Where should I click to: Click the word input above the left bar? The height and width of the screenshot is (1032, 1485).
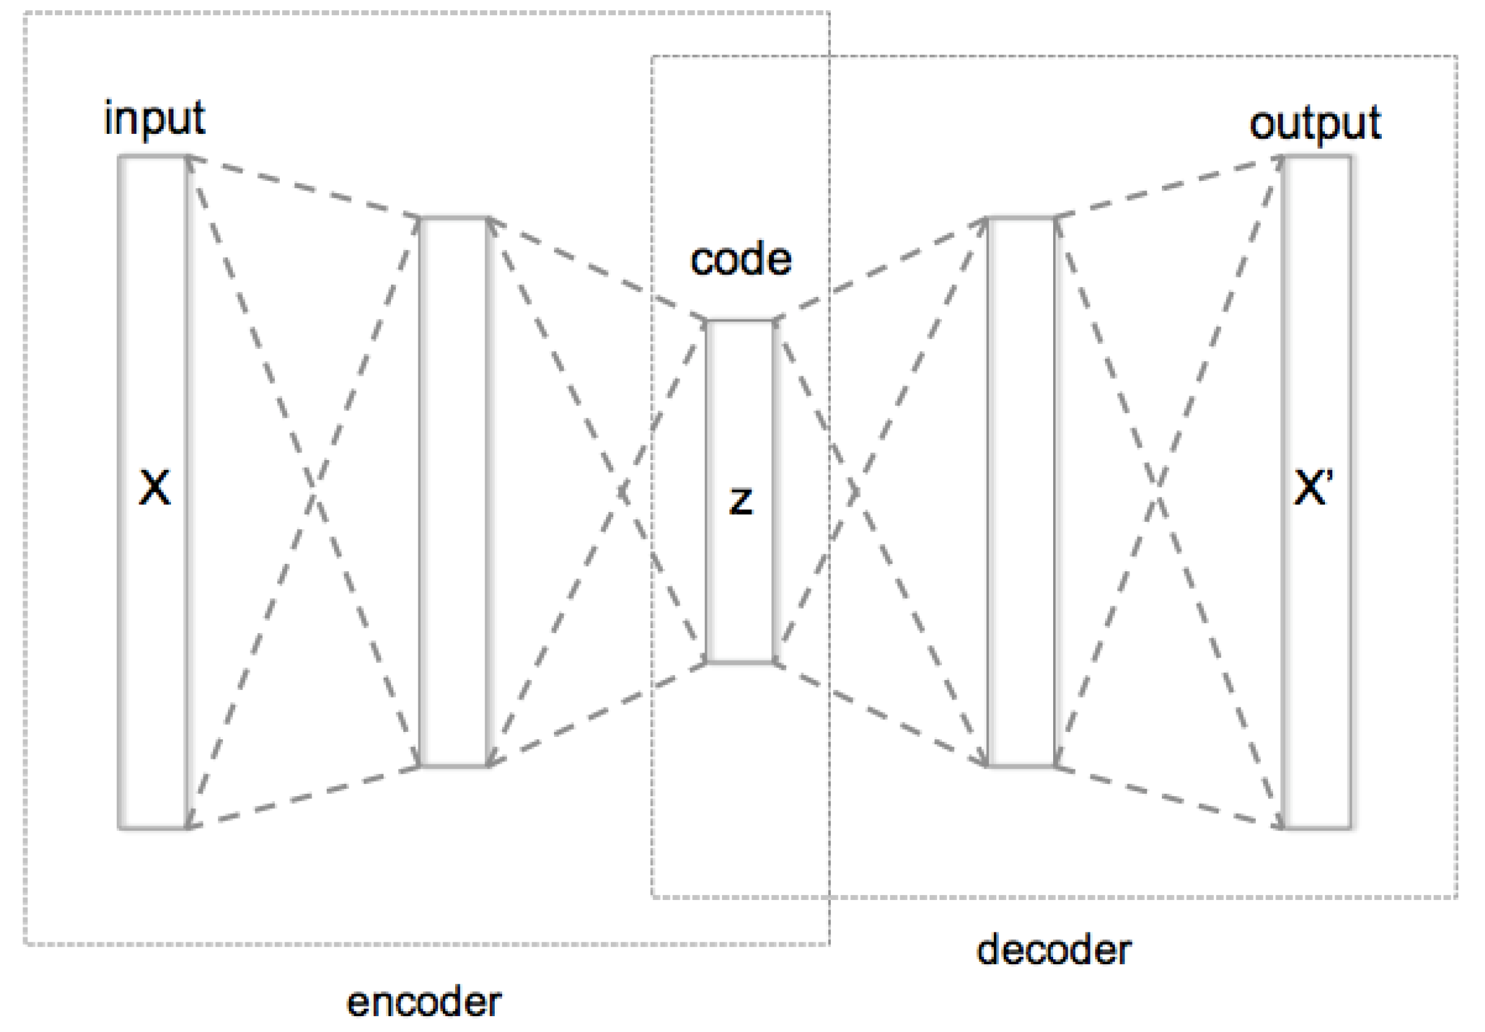pyautogui.click(x=154, y=119)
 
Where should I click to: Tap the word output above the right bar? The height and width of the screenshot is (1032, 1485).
pyautogui.click(x=1315, y=123)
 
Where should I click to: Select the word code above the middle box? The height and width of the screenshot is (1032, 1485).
pyautogui.click(x=741, y=260)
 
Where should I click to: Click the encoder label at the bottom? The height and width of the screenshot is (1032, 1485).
pyautogui.click(x=424, y=1001)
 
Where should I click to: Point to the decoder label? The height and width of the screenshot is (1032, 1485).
pyautogui.click(x=1054, y=950)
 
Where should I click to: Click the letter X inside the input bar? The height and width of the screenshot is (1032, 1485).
pyautogui.click(x=155, y=488)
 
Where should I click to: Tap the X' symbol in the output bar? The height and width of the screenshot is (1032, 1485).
pyautogui.click(x=1313, y=488)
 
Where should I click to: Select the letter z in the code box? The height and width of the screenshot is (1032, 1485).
pyautogui.click(x=741, y=500)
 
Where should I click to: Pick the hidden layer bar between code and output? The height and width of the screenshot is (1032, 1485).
pyautogui.click(x=1021, y=491)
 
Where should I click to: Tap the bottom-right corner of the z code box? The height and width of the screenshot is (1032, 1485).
pyautogui.click(x=774, y=662)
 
